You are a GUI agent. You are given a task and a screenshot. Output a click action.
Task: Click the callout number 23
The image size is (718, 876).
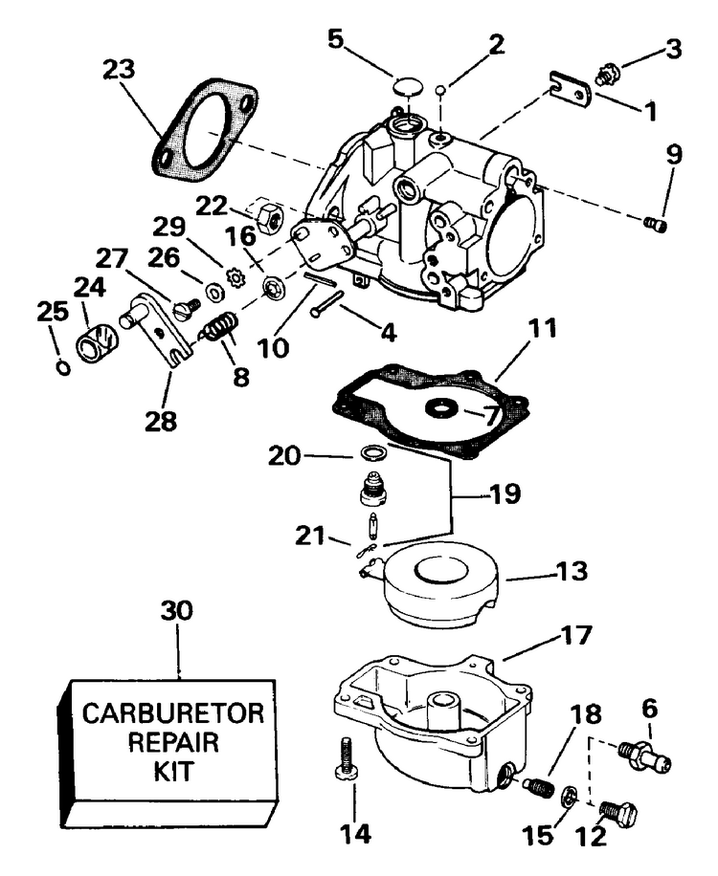point(119,71)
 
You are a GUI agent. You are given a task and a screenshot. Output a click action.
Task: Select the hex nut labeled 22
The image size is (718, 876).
point(271,216)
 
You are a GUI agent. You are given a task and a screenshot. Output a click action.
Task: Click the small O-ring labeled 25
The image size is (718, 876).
point(64,368)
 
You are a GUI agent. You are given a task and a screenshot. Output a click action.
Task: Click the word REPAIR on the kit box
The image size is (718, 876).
point(172,742)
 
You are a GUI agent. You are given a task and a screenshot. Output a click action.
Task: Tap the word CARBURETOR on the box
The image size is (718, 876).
point(172,713)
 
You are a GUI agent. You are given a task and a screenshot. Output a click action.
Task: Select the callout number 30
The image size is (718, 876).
point(177,611)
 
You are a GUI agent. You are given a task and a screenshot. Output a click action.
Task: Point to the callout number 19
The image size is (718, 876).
point(505,493)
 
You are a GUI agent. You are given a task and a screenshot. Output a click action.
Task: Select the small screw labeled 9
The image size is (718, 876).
point(657,225)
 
